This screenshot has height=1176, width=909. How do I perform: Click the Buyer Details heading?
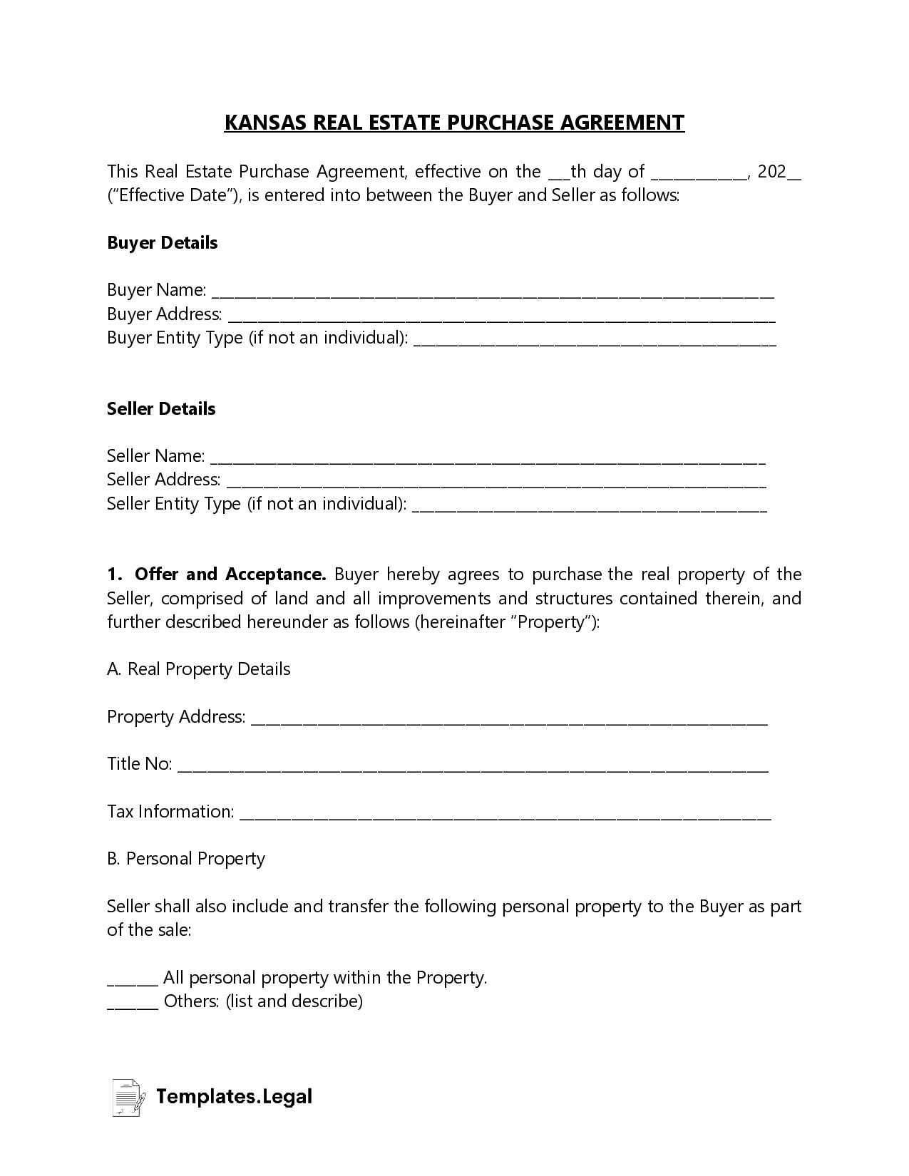(x=162, y=243)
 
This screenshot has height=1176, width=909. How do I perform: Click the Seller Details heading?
(x=161, y=409)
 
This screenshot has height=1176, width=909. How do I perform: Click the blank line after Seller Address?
(x=496, y=483)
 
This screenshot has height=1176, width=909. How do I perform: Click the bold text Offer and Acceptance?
(x=230, y=574)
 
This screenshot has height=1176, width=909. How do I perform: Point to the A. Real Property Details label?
(x=199, y=669)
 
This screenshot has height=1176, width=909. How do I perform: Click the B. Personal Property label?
(x=186, y=859)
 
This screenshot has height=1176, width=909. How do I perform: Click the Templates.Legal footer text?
(x=234, y=1096)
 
